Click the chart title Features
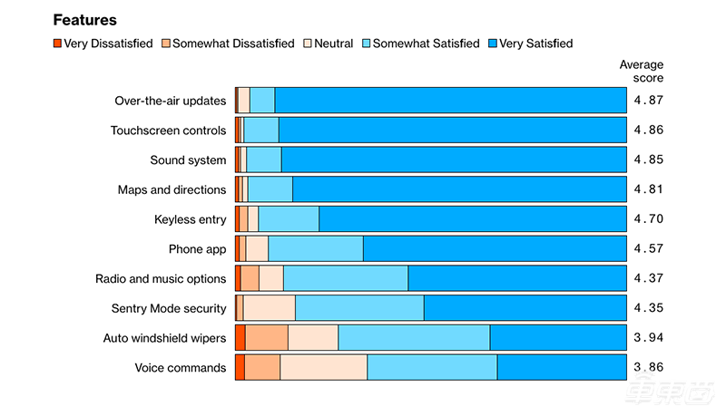pos(85,19)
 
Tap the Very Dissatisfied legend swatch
pos(56,43)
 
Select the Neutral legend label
pos(333,43)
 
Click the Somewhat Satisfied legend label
pos(426,43)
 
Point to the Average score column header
pos(641,71)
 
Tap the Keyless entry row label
pos(190,219)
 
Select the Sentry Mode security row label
pos(168,308)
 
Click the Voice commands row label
pos(180,368)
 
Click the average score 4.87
pos(648,101)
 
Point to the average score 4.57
pos(648,249)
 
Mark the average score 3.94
pos(648,338)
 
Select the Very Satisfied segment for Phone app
pos(495,249)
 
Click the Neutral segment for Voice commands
pos(323,368)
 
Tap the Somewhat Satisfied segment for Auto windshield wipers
pos(414,338)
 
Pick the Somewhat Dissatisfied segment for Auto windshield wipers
pos(267,338)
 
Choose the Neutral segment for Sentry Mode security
pos(269,308)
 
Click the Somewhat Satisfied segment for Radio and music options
pos(345,278)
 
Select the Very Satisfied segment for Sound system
pos(454,160)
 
